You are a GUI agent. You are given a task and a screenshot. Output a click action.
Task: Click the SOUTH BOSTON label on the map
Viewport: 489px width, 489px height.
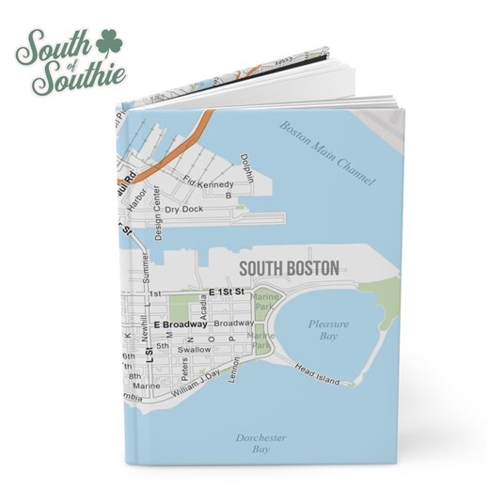(289, 268)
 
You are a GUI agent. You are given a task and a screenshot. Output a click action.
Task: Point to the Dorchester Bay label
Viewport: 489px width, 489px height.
(261, 444)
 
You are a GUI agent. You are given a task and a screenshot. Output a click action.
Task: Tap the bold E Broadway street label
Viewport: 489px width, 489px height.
(180, 324)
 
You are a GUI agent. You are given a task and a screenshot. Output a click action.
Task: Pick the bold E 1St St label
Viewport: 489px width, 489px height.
(226, 292)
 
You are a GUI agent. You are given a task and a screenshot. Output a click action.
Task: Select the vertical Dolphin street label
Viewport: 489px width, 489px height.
(246, 170)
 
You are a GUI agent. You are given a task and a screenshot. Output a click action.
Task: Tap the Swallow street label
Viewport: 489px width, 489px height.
(195, 349)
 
